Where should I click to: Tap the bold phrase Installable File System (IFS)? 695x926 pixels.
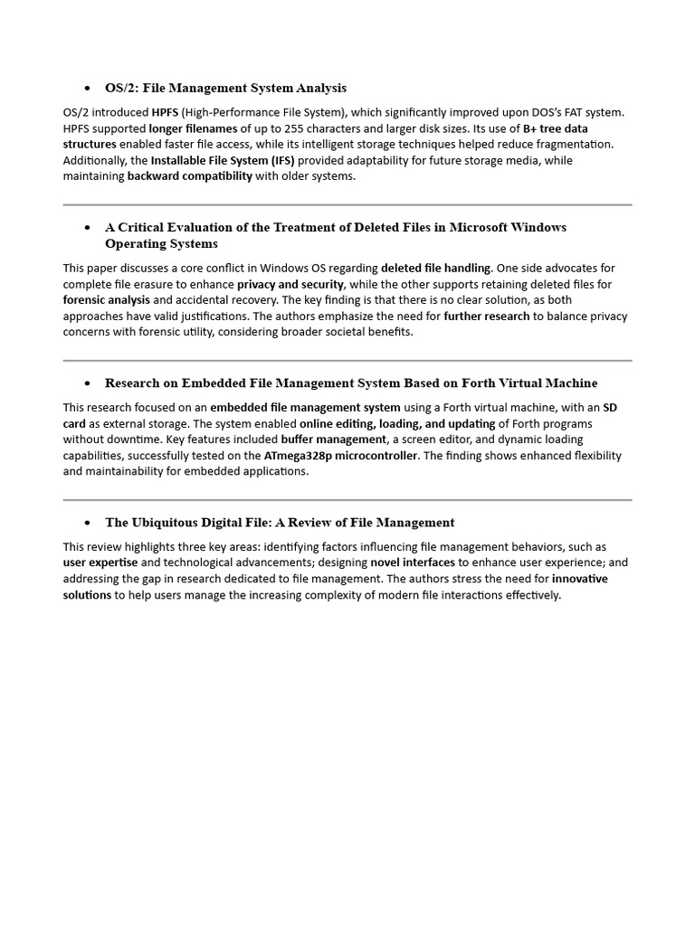coord(223,161)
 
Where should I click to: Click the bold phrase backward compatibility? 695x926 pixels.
coord(190,176)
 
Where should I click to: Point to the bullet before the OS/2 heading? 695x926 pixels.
coord(87,89)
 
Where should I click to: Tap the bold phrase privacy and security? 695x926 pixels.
coord(290,284)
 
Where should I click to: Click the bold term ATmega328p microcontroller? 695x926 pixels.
coord(341,456)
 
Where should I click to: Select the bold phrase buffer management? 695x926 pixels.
coord(320,439)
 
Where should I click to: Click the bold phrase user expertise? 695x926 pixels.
coord(100,562)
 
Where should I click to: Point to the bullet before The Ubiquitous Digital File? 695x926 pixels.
coord(87,524)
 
